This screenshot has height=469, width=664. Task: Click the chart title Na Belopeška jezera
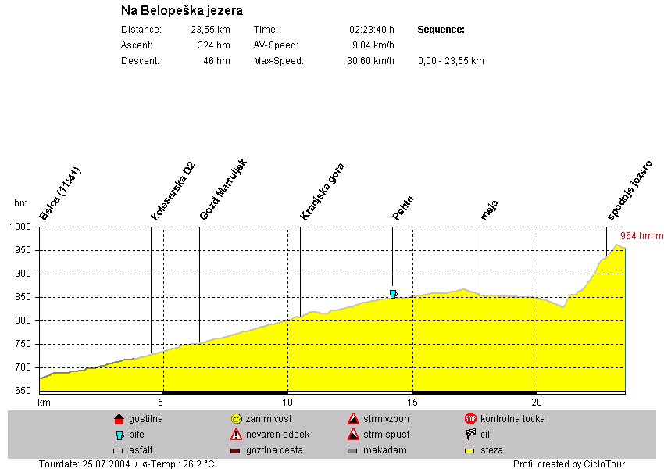182,11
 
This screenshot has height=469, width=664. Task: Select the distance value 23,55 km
211,30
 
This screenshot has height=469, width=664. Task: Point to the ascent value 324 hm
214,45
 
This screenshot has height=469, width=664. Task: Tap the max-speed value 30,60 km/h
371,61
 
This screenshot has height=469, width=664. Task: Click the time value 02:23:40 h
372,30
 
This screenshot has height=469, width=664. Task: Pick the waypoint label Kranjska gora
322,192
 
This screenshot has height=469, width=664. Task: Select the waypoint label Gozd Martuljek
223,189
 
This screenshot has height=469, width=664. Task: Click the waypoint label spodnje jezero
630,190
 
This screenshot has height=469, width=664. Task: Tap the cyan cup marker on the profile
393,294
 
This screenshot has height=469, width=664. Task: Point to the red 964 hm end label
641,235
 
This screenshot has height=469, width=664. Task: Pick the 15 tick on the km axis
412,403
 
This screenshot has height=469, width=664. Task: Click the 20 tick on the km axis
537,403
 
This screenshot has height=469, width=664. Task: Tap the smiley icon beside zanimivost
236,419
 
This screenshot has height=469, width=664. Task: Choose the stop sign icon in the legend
470,419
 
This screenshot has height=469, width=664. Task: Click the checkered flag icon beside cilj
470,435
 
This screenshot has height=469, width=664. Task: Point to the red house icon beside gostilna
119,419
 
